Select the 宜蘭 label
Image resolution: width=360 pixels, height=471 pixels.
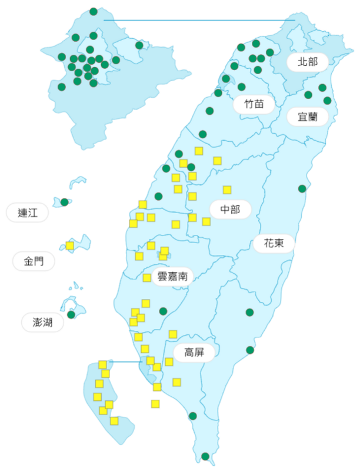[307, 117]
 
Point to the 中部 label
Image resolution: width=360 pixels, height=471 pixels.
[230, 209]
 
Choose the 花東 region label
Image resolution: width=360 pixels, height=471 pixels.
[274, 243]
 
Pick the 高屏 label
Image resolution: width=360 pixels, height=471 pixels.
[195, 352]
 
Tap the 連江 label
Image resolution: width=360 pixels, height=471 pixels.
[27, 213]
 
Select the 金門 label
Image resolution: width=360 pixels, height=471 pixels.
[34, 261]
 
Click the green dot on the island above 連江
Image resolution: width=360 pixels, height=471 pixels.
[64, 202]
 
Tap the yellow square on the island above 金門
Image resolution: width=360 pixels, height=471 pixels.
[70, 245]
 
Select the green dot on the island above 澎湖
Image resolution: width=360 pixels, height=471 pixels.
[71, 314]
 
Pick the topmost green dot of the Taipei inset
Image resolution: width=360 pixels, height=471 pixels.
[94, 11]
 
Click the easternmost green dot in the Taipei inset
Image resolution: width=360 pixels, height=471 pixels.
[139, 45]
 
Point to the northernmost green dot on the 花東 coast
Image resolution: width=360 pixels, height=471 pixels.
[302, 188]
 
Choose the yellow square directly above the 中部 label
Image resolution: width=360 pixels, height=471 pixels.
[227, 190]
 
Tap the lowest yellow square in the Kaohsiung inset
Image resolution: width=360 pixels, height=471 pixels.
[114, 420]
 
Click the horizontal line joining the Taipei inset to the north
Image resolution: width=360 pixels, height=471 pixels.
[200, 21]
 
